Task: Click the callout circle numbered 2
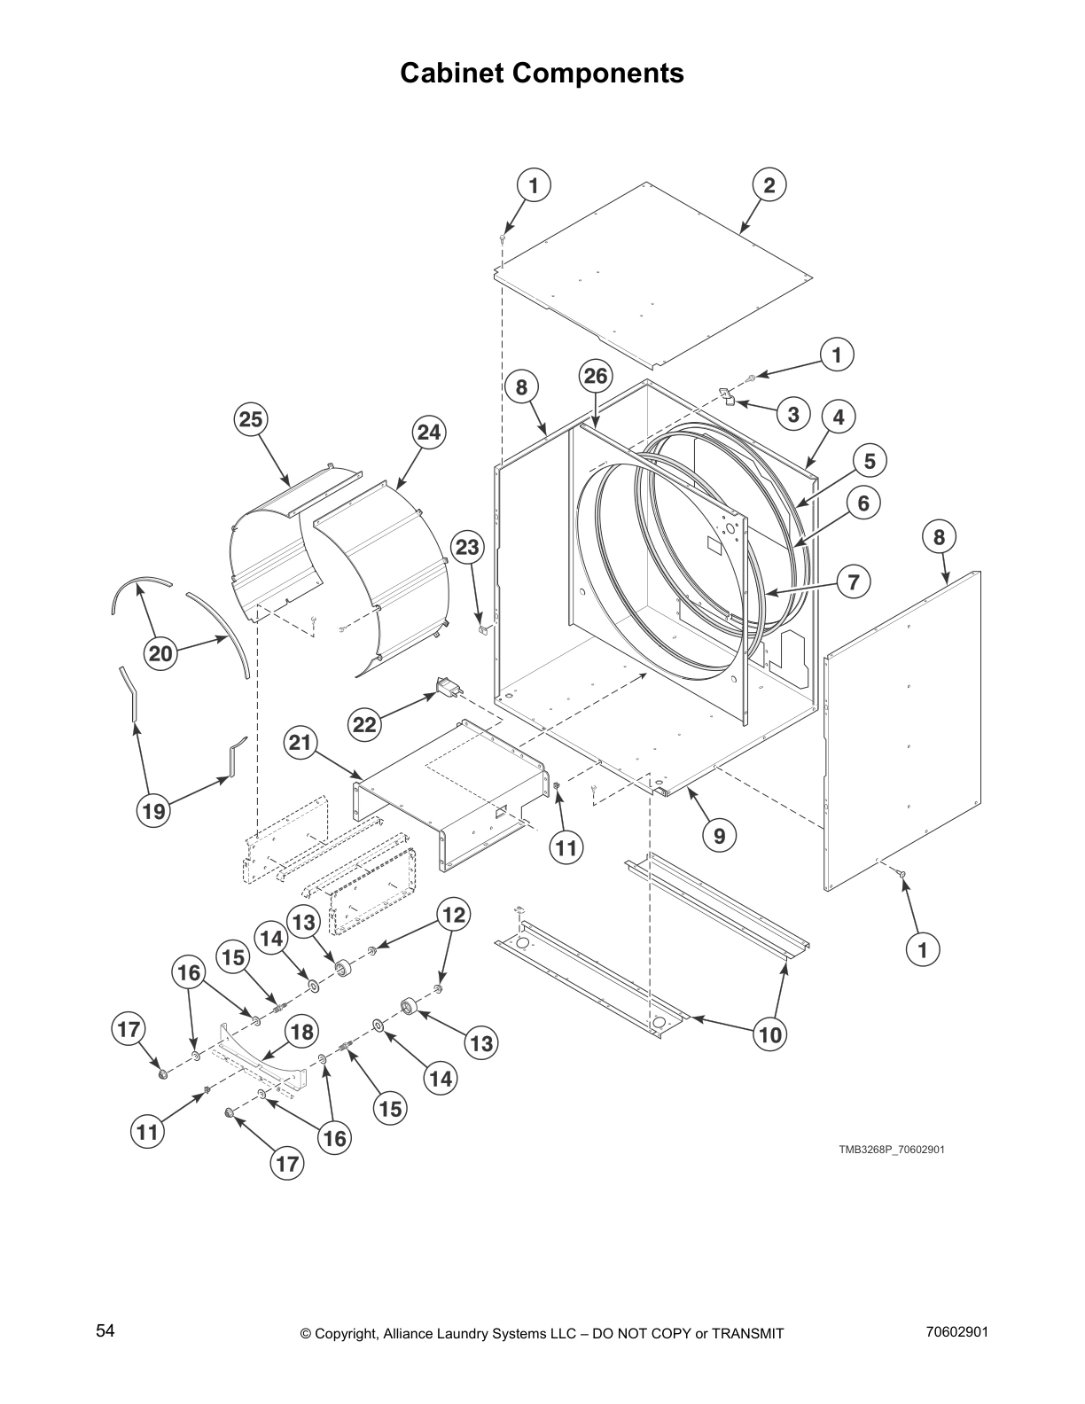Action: coord(769,185)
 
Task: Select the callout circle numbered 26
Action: coord(595,377)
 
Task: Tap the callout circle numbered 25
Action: coord(251,419)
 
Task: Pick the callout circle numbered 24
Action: coord(428,433)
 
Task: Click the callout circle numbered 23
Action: coord(467,548)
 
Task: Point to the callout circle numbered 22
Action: coord(364,725)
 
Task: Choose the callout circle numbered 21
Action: coord(301,742)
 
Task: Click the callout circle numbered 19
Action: coord(154,810)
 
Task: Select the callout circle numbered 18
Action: coord(301,1032)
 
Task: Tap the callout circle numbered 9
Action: coord(719,834)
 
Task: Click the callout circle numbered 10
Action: coord(770,1033)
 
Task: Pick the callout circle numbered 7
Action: coord(853,581)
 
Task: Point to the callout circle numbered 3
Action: coord(792,414)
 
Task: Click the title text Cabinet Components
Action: coord(542,73)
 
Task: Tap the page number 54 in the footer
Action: coord(105,1330)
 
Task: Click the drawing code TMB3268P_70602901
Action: coord(892,1150)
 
